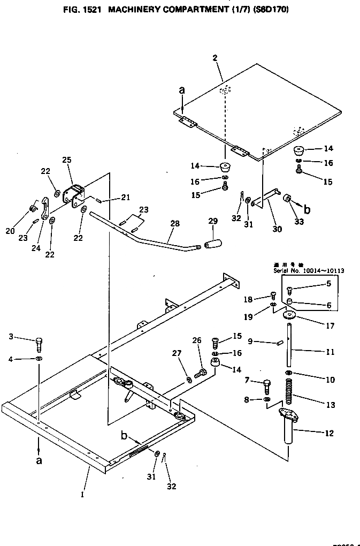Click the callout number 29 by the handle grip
tap(213, 221)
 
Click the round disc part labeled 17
tap(289, 315)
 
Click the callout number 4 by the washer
tap(11, 359)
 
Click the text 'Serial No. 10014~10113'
tap(307, 271)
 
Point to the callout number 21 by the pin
tap(125, 198)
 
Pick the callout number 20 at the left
tap(10, 231)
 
